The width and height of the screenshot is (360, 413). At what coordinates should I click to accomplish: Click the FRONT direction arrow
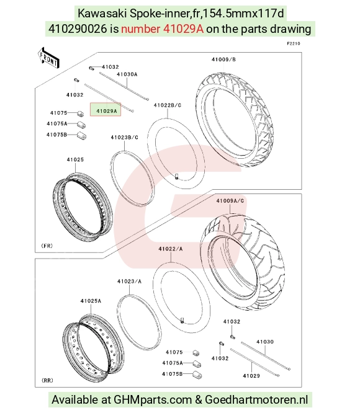pyautogui.click(x=49, y=58)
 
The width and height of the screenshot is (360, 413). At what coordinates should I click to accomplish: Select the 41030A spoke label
pyautogui.click(x=127, y=74)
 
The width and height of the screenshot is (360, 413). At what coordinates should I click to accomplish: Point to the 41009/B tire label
pyautogui.click(x=223, y=60)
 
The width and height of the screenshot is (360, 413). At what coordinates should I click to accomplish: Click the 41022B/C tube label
pyautogui.click(x=168, y=105)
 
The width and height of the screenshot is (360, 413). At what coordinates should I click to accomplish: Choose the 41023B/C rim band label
pyautogui.click(x=124, y=137)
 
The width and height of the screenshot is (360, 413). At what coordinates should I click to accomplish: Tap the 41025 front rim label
pyautogui.click(x=75, y=159)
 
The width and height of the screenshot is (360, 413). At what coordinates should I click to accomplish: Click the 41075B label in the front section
pyautogui.click(x=56, y=135)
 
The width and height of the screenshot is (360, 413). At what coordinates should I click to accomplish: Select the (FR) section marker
pyautogui.click(x=47, y=246)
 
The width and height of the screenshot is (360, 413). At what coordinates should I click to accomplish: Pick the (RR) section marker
pyautogui.click(x=47, y=380)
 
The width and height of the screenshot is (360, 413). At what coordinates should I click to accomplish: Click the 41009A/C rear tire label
pyautogui.click(x=230, y=201)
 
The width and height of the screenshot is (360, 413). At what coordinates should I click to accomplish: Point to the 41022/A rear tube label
pyautogui.click(x=171, y=249)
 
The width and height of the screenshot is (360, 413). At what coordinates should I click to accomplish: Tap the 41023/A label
pyautogui.click(x=129, y=282)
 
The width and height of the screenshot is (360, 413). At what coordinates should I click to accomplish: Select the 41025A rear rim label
pyautogui.click(x=91, y=301)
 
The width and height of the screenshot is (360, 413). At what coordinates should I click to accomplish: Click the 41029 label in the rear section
pyautogui.click(x=251, y=376)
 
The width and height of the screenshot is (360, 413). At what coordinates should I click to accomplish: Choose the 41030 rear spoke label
pyautogui.click(x=265, y=342)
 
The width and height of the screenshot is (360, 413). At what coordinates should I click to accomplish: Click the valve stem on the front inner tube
pyautogui.click(x=176, y=177)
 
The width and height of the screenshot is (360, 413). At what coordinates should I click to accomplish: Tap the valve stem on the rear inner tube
pyautogui.click(x=182, y=321)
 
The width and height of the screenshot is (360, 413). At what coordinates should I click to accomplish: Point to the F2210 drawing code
pyautogui.click(x=294, y=43)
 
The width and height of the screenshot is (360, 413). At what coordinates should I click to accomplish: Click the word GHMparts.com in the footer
pyautogui.click(x=153, y=399)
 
